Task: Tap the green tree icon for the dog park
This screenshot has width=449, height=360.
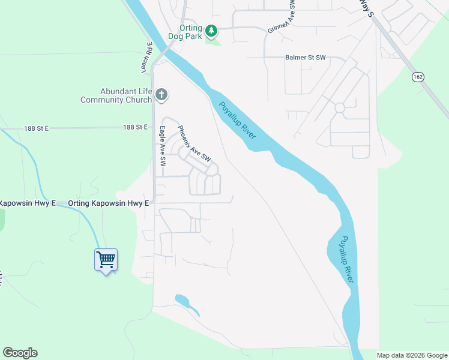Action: [211, 30]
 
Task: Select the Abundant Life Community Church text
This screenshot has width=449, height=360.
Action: [116, 95]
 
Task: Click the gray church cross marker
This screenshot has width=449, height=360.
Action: [161, 94]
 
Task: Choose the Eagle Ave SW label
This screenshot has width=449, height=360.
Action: [161, 146]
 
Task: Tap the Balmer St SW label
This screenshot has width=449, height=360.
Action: [305, 58]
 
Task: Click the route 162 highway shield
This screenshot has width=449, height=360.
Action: [418, 76]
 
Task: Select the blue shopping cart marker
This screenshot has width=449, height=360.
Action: [106, 260]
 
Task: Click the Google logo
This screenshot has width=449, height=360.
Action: [20, 353]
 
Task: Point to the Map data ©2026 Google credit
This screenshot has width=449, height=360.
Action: [412, 355]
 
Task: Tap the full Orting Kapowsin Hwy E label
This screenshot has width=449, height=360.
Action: [108, 203]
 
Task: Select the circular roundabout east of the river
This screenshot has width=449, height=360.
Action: [339, 108]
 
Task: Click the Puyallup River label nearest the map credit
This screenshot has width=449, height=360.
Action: [345, 259]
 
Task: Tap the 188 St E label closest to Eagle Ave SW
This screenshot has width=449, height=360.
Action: [135, 127]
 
